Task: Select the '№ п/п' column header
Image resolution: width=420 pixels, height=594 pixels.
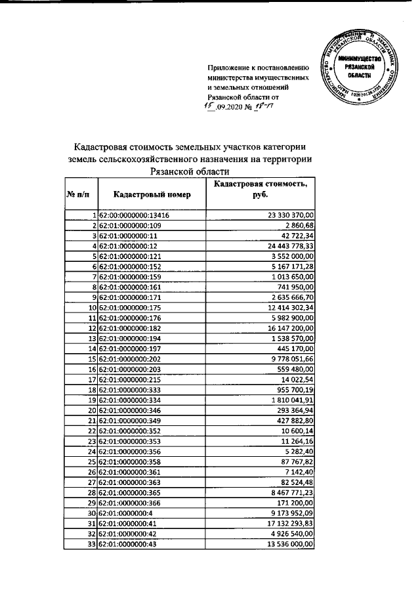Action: [77, 195]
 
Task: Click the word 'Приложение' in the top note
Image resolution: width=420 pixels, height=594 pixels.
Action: [227, 68]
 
